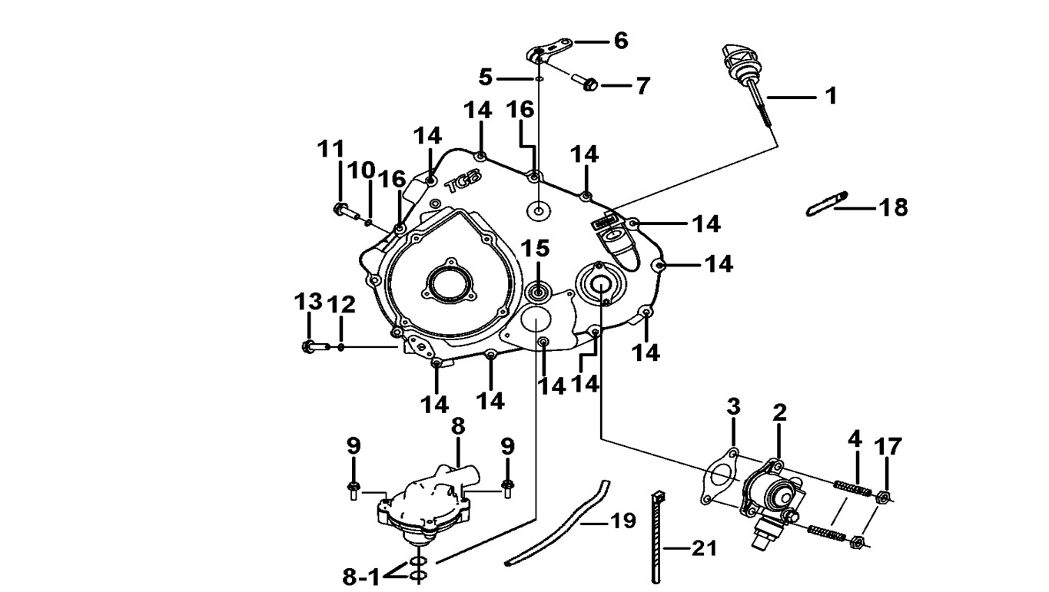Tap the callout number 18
point(894,207)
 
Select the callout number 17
point(888,447)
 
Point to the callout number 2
point(779,412)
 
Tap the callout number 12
point(341,305)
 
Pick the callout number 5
point(485,77)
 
